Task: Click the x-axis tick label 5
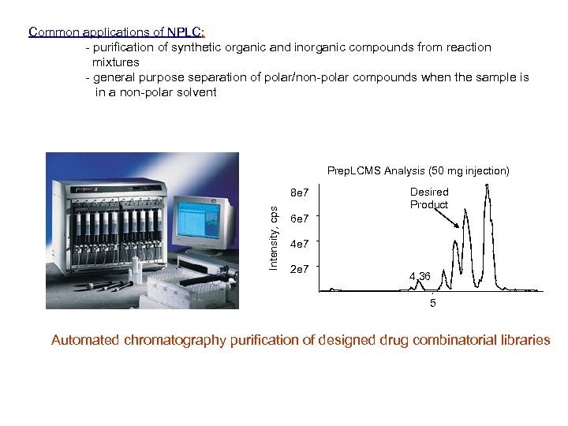click(x=432, y=303)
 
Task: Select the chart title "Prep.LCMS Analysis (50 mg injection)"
click(x=418, y=170)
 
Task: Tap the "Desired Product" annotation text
click(x=428, y=198)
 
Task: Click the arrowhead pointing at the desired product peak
click(x=460, y=226)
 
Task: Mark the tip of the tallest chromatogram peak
click(x=488, y=185)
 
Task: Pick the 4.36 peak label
click(x=420, y=277)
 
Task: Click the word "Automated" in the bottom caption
click(x=86, y=341)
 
